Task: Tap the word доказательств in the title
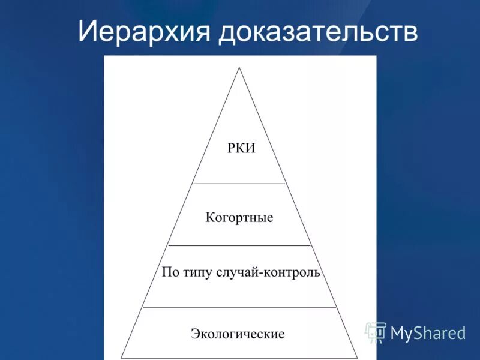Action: click(x=318, y=31)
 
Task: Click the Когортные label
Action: click(x=239, y=217)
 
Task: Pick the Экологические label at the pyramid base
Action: click(x=238, y=333)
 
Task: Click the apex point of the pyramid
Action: click(x=239, y=68)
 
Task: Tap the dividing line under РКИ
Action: click(x=239, y=184)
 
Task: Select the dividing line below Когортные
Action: click(x=239, y=245)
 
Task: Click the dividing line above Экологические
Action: click(x=239, y=308)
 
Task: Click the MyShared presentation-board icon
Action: click(x=376, y=332)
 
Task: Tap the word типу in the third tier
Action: click(x=199, y=273)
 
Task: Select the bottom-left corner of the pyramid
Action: click(x=121, y=358)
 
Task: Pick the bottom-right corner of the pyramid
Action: click(x=358, y=358)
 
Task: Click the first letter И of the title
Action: click(x=86, y=31)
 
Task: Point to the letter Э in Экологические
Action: click(x=195, y=333)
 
